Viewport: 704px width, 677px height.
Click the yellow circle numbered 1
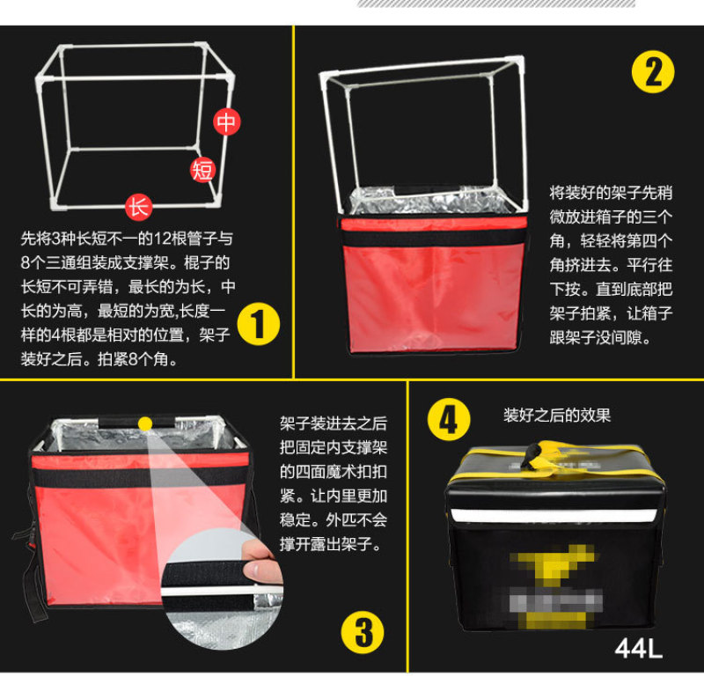pos(258,324)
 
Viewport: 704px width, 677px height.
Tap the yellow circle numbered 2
pos(653,72)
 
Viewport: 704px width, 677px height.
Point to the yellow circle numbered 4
pos(449,420)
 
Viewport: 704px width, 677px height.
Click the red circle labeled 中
pos(227,121)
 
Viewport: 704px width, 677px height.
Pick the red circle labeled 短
pos(202,170)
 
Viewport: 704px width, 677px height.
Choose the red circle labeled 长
pos(139,207)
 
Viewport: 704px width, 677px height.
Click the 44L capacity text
pos(639,649)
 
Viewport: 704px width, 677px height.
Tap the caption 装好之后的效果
pos(557,416)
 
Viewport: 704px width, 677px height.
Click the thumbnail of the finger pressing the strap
pos(224,588)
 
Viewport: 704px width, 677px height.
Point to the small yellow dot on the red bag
pos(145,423)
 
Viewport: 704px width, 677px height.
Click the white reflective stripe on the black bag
pos(555,515)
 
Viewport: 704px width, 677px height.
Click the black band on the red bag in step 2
pos(433,238)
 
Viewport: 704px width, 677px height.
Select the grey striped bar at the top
pos(496,4)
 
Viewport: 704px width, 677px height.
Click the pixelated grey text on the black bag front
pos(556,600)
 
